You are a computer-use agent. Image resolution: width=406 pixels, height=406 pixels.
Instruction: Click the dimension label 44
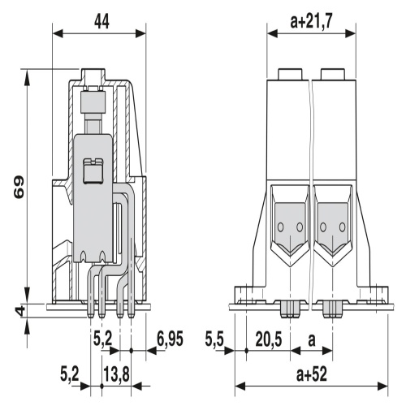[101, 22]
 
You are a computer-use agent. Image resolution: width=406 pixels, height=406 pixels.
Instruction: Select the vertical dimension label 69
[19, 187]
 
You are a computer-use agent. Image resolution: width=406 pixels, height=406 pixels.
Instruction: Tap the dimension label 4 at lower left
[19, 311]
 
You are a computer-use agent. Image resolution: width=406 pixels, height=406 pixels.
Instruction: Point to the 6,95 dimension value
[171, 339]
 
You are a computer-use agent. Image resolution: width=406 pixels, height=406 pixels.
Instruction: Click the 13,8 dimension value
[116, 374]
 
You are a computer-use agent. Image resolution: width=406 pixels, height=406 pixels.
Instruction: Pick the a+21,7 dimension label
[311, 21]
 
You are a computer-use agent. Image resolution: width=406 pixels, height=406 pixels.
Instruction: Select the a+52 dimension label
[312, 374]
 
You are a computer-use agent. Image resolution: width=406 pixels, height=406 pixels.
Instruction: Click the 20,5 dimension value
[269, 339]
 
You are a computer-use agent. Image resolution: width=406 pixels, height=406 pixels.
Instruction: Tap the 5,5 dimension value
[214, 339]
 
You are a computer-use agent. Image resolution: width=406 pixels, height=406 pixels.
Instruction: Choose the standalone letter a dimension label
[312, 340]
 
